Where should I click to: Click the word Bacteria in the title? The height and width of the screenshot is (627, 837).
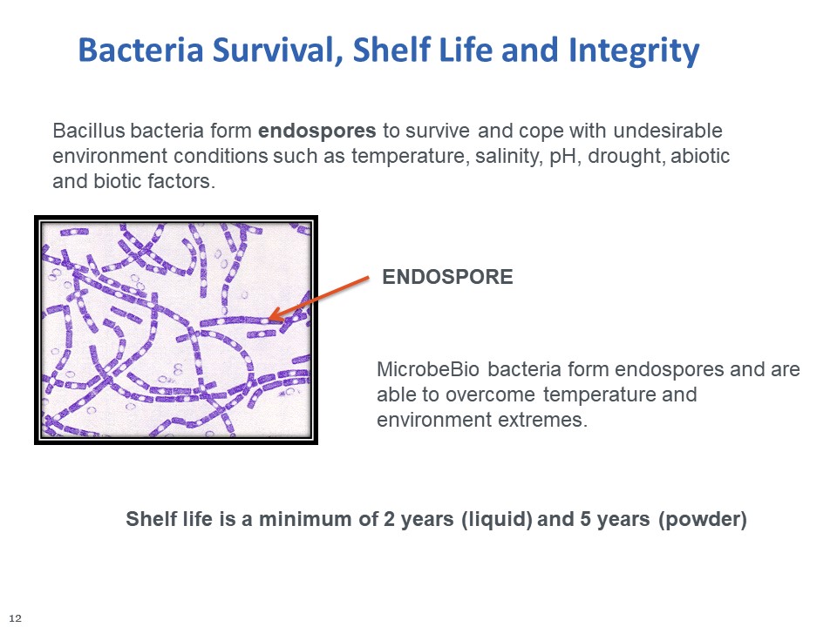point(141,50)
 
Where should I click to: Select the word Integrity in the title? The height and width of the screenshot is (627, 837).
point(634,51)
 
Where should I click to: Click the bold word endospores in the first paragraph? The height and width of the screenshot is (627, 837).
point(317,131)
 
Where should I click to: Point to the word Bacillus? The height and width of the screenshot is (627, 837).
point(89,130)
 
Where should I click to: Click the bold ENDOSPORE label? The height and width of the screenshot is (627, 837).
point(447,277)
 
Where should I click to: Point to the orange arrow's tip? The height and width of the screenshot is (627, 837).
point(269,319)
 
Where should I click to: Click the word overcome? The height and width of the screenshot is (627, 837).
point(489,394)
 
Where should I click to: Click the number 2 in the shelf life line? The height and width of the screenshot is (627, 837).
point(389,519)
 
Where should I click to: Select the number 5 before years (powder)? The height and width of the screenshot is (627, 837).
point(585,519)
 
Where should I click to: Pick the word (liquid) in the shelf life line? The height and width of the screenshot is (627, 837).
point(496,519)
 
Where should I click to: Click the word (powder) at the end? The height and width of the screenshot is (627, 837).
point(703,519)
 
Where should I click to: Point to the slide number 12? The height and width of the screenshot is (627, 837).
point(16,618)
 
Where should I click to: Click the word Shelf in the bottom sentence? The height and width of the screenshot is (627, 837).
point(150,519)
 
